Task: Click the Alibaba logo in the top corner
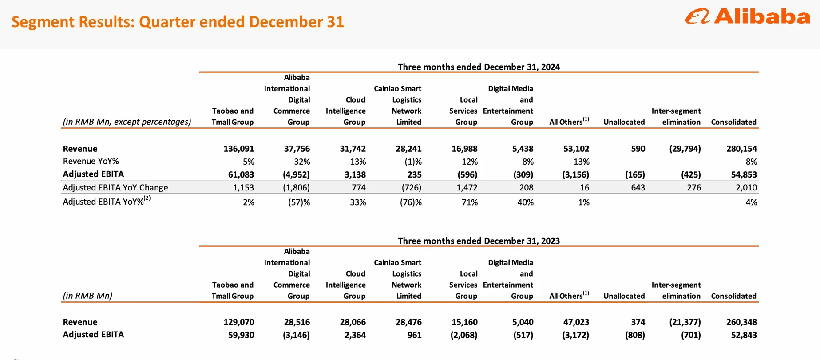tap(748, 17)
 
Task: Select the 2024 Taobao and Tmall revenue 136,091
tap(238, 149)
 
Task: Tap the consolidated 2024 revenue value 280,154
tap(741, 149)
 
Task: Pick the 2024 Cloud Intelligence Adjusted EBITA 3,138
tap(355, 174)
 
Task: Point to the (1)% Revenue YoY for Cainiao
tap(411, 162)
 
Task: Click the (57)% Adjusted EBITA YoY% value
tap(299, 202)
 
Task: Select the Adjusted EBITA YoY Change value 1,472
tap(467, 187)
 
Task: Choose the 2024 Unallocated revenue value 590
tap(638, 149)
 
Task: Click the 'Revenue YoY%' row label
tap(91, 161)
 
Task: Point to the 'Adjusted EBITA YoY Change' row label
tap(115, 187)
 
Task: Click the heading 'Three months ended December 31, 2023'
tap(479, 241)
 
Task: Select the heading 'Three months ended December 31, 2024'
tap(479, 67)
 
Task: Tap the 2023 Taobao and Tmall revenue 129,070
tap(238, 322)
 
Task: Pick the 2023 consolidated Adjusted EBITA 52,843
tap(744, 335)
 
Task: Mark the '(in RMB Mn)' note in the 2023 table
tap(87, 296)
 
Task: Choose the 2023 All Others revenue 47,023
tap(576, 322)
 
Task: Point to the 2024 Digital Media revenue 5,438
tap(523, 149)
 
